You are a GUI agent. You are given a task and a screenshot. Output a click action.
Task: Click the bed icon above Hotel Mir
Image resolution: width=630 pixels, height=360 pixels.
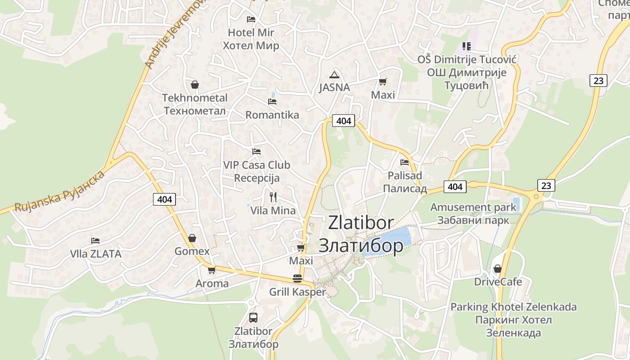click(x=251, y=19)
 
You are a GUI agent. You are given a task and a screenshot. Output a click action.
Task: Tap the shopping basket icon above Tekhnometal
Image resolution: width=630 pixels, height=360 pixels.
click(x=195, y=84)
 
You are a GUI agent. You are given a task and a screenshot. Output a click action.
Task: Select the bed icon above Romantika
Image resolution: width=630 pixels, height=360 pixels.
click(x=272, y=101)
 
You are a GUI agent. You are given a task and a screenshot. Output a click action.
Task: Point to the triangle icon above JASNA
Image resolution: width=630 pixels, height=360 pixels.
click(x=333, y=74)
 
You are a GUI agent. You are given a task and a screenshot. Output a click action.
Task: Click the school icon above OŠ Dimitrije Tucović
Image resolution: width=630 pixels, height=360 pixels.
click(x=466, y=46)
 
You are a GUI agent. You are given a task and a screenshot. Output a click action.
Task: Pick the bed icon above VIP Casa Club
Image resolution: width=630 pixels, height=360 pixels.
click(x=256, y=152)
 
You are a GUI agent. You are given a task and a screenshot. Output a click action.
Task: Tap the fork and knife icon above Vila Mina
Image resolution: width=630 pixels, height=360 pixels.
click(x=273, y=197)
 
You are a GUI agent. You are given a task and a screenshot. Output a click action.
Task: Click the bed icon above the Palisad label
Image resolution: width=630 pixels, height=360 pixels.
click(x=405, y=162)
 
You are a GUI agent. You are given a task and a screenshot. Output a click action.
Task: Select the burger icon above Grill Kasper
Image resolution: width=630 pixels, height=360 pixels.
click(x=297, y=278)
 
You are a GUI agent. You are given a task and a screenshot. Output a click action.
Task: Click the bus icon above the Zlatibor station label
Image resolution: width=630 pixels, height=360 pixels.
click(x=253, y=317)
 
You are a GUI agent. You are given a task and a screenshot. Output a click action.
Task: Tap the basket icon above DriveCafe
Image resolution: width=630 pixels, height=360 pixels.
click(x=497, y=269)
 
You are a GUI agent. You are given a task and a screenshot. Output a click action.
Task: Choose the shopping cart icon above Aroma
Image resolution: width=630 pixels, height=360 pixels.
click(x=211, y=270)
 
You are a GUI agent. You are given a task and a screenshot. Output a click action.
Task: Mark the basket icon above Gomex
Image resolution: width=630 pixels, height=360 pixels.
click(x=192, y=238)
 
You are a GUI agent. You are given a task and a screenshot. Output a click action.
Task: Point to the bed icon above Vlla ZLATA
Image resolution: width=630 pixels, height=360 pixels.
click(x=95, y=241)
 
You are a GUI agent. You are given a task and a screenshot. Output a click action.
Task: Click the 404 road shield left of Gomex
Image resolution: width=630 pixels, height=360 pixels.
click(x=165, y=199)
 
